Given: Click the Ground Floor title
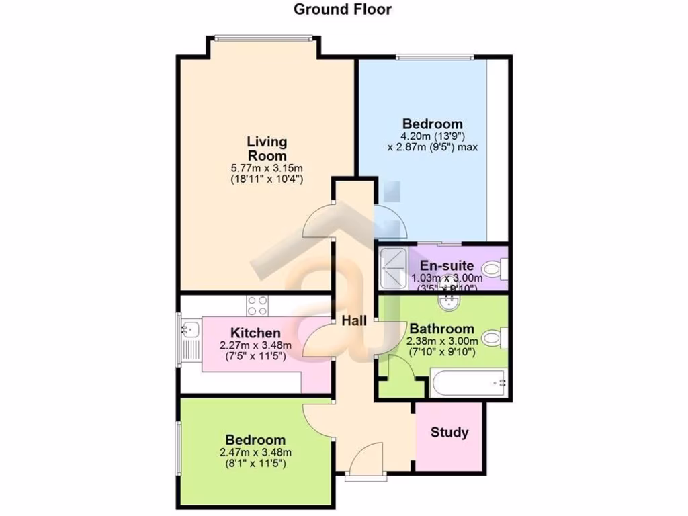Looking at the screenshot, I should (343, 9).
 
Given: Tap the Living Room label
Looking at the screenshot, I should (267, 148).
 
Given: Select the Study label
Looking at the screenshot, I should (449, 432).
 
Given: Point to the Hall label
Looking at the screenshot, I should (353, 321).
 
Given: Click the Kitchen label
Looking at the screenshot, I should (255, 333).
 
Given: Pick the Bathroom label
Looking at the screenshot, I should (441, 329).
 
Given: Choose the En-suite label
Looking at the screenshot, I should (447, 266).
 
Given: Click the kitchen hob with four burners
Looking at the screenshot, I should (258, 306).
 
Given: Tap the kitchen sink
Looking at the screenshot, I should (189, 329).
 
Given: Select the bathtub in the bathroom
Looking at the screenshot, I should (467, 384).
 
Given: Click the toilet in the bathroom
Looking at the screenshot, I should (496, 337).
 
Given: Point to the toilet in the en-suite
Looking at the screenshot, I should (496, 269).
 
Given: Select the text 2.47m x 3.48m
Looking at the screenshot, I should (255, 452).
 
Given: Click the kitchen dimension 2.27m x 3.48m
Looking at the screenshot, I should (255, 345).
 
